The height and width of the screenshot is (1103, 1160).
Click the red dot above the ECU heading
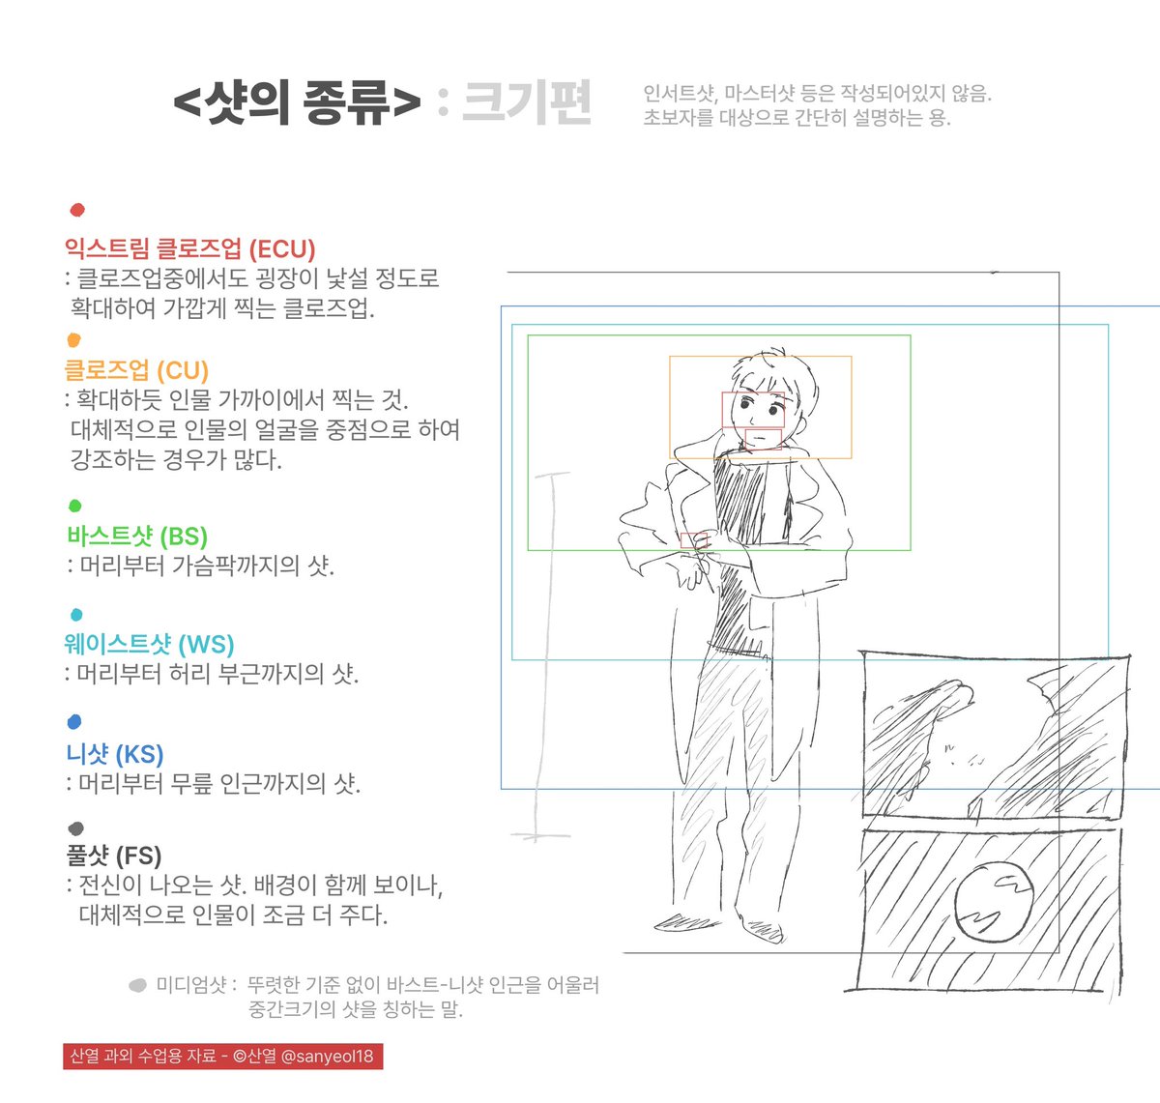click(77, 210)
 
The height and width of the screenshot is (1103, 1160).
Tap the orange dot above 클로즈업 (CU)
click(74, 339)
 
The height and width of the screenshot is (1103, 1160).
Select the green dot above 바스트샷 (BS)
click(75, 506)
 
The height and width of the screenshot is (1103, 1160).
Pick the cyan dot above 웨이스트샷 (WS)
click(76, 614)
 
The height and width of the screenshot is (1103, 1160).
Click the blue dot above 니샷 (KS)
click(75, 722)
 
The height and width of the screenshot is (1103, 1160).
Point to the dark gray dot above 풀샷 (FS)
click(76, 828)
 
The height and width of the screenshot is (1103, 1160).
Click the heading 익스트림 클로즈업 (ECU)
click(190, 249)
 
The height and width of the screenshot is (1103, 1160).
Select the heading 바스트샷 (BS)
click(137, 537)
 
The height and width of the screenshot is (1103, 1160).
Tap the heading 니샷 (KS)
click(115, 754)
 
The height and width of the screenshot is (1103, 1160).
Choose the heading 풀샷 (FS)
click(113, 856)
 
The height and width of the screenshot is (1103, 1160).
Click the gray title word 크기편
click(527, 102)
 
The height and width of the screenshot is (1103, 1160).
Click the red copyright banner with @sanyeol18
click(223, 1056)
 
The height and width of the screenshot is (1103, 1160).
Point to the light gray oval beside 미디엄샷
click(137, 986)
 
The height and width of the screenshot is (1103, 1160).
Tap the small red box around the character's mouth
click(763, 439)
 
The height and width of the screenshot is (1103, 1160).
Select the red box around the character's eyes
click(753, 410)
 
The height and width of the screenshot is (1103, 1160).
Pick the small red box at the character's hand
click(690, 539)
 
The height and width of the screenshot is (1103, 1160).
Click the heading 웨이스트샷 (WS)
click(150, 645)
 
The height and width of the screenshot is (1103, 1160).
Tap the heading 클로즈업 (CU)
click(136, 370)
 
